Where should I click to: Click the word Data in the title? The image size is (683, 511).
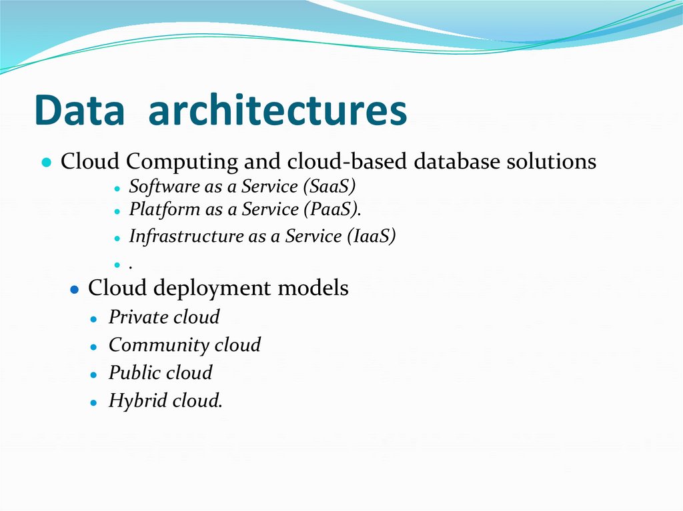79,111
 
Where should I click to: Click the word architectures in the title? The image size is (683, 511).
277,111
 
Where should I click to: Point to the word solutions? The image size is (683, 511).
552,162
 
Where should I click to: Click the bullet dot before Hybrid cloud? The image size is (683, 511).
95,402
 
